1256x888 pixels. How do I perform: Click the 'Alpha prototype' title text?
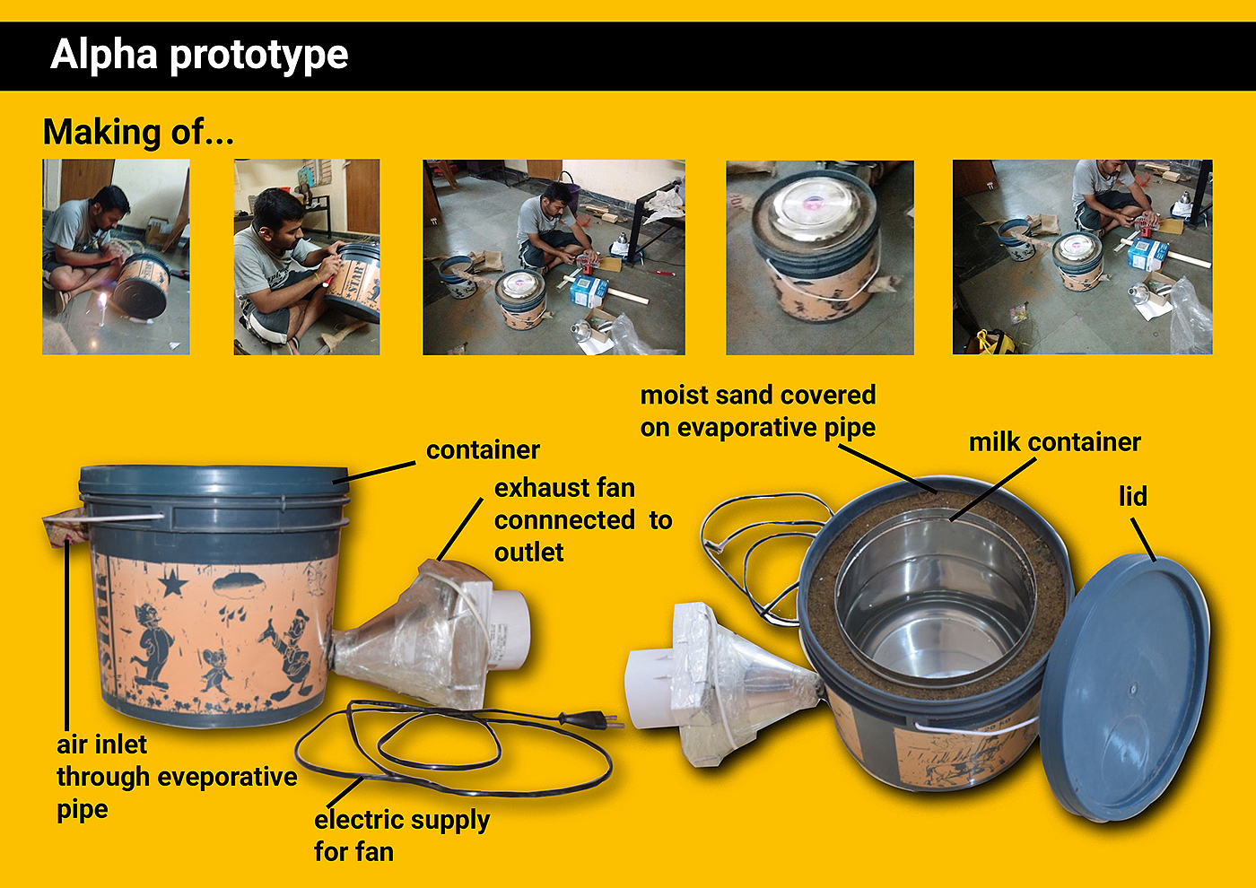point(199,56)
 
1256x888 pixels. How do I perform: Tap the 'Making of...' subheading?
point(138,133)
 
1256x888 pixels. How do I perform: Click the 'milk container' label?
point(1054,442)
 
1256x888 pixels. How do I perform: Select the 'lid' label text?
point(1132,496)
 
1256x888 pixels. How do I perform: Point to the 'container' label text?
point(483,450)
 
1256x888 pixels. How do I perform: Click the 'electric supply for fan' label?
point(402,836)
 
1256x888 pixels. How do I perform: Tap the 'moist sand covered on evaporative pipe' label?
point(757,412)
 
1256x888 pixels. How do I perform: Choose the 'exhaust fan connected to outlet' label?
point(583,520)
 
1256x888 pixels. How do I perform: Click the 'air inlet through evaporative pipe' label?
point(177,777)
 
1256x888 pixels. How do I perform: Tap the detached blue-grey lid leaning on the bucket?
point(1125,687)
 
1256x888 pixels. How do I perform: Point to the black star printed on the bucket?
point(172,583)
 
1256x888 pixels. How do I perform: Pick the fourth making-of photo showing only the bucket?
point(820,257)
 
